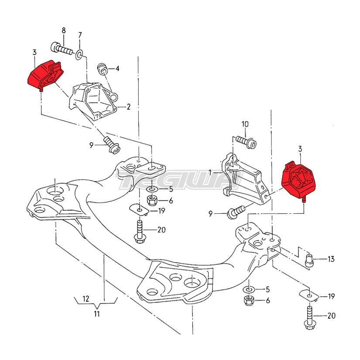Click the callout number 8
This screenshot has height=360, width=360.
(x=64, y=30)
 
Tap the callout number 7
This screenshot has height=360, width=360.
(x=80, y=35)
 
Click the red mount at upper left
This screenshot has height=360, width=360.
(x=45, y=75)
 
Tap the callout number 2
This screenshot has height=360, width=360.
(x=128, y=107)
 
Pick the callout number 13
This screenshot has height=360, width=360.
(x=331, y=259)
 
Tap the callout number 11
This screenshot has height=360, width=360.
(x=97, y=314)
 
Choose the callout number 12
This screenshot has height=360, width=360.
(x=86, y=299)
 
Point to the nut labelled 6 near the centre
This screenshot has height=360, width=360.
(x=152, y=200)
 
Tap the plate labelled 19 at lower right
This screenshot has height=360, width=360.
(x=309, y=296)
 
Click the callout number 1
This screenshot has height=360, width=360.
(x=210, y=172)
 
